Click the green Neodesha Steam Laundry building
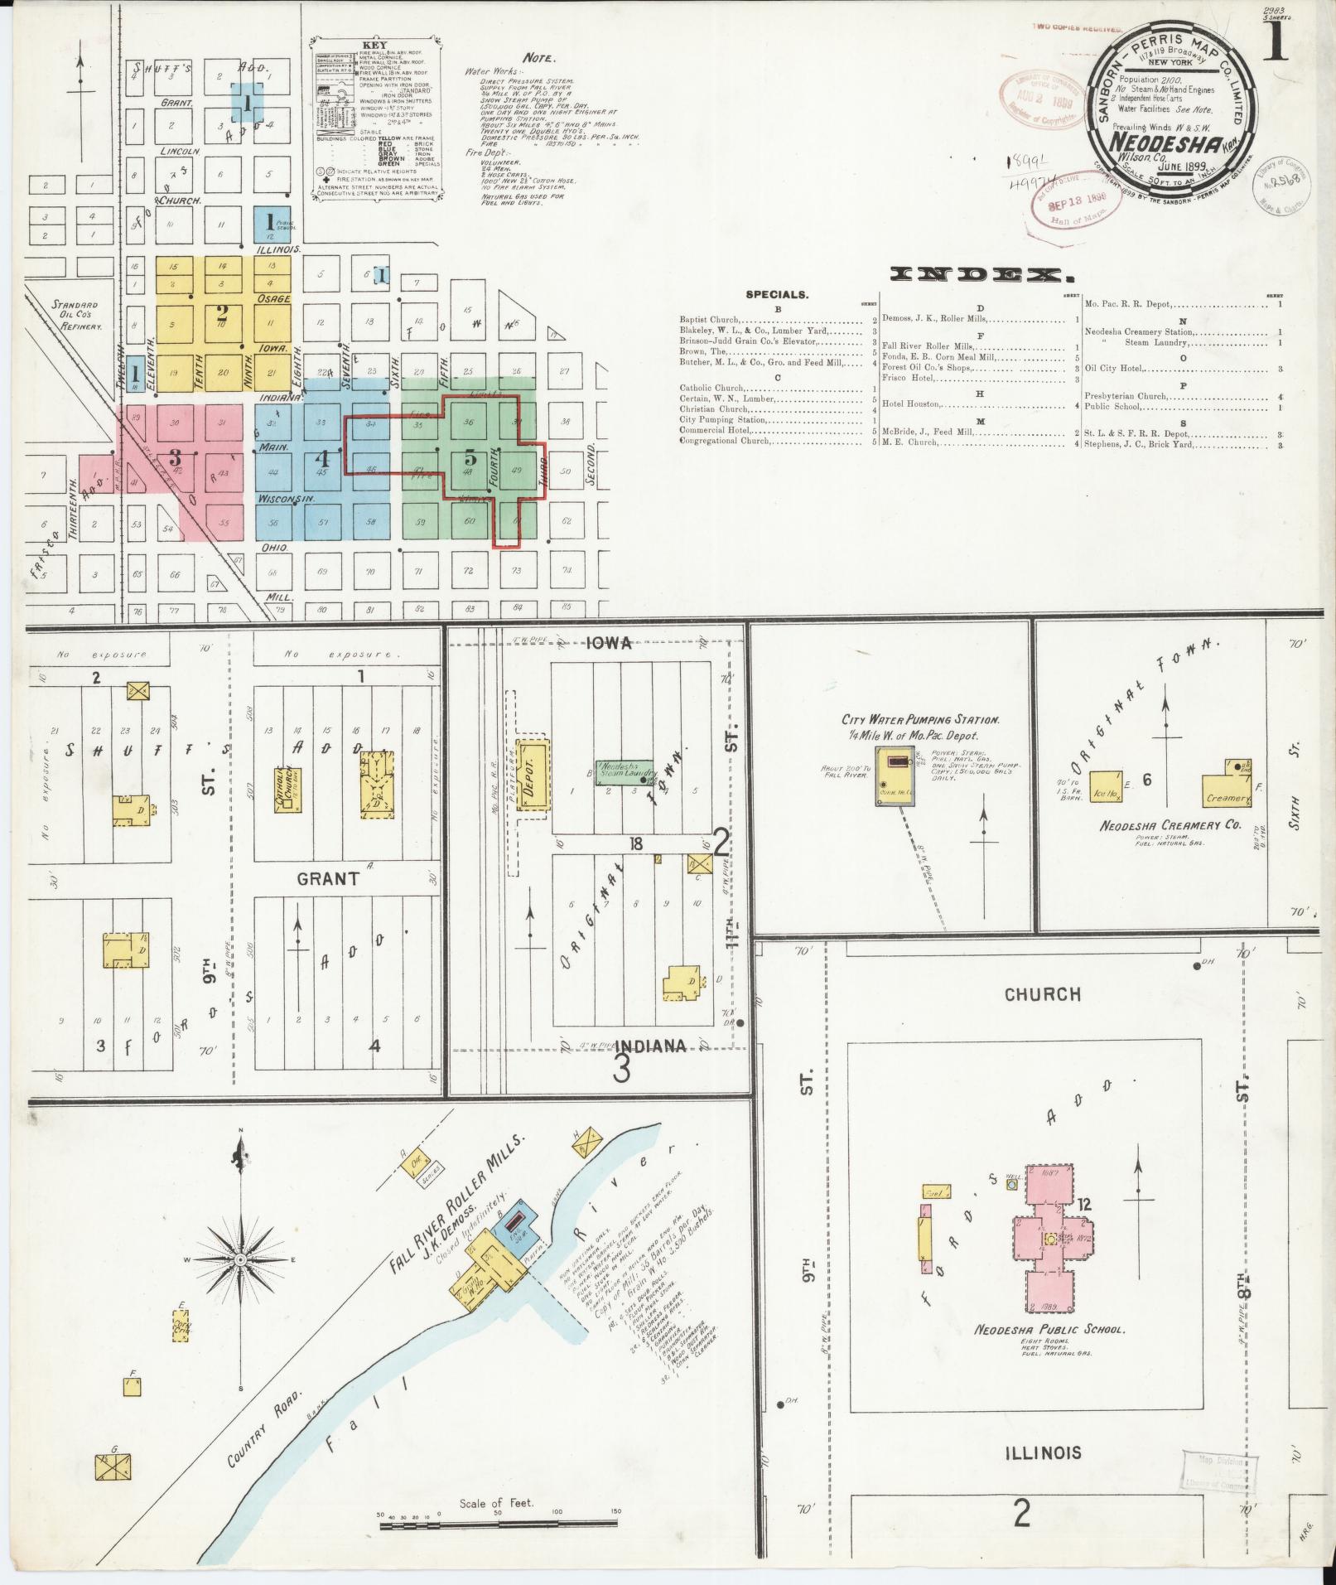coord(629,771)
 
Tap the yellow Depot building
coord(534,774)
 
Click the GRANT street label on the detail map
coord(328,878)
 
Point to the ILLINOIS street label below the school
coord(1043,1452)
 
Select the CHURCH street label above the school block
coord(1042,993)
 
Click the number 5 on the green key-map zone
coord(470,458)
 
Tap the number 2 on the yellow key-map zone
coord(221,314)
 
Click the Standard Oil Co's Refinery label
coord(75,316)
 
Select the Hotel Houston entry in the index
coord(911,403)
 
